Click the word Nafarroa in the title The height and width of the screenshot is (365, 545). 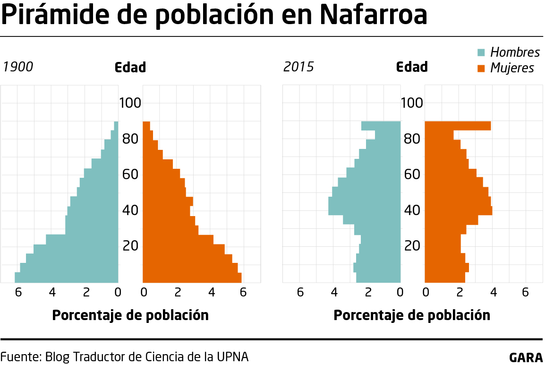coord(373,15)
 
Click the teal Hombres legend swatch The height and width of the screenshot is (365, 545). coord(481,52)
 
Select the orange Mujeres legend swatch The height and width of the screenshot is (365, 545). coord(481,68)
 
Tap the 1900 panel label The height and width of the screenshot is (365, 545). coord(18,67)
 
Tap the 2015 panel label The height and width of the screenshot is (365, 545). coord(298,67)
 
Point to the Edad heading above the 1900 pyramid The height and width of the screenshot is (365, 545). coord(130,67)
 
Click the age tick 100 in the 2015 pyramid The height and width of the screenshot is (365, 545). coord(413,103)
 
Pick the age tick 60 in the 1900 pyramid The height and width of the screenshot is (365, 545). coord(130,174)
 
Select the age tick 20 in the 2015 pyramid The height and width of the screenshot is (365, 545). coord(413,246)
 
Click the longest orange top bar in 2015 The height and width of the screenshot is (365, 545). coord(457,126)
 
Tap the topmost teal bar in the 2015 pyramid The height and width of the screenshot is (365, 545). coord(381,126)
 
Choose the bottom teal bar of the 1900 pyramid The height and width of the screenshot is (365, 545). coord(66,278)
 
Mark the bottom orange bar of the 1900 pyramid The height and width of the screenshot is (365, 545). coord(192,278)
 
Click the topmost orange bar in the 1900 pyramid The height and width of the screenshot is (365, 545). coord(146,126)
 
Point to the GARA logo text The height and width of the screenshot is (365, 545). coord(526,357)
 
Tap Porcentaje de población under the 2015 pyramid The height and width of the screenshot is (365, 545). coord(412,315)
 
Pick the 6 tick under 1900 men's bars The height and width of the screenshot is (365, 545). coord(18,293)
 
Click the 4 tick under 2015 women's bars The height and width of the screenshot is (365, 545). coord(493,293)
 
